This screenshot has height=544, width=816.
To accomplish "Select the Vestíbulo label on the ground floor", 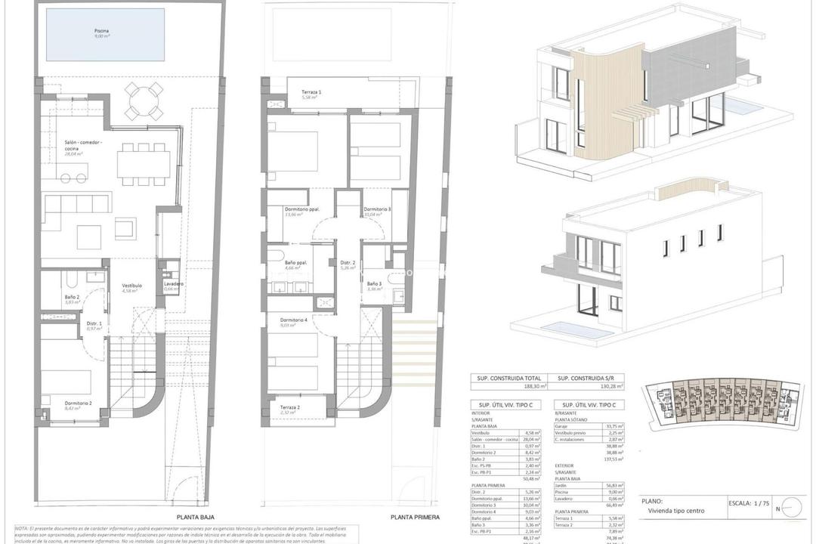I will point(132,286).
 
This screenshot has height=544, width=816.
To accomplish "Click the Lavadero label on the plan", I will point(173,283).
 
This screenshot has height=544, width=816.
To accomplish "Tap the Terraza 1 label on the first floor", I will point(310,93).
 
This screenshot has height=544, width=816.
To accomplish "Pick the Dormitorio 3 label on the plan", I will point(377,209).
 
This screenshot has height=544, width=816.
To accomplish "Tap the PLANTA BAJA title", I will point(193,518).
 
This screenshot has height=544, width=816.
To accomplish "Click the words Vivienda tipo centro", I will point(675,511).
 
